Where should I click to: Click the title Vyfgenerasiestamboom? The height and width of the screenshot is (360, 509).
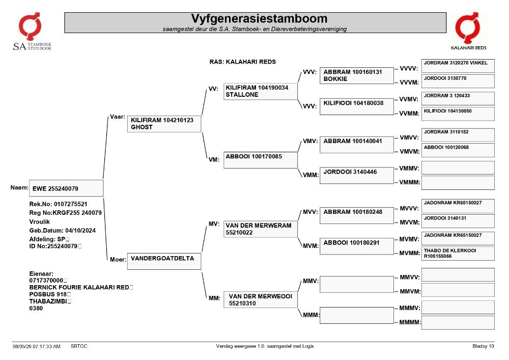[259, 18]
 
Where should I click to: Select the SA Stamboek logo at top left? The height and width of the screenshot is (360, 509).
[32, 32]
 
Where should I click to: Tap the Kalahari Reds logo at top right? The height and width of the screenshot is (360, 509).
[468, 31]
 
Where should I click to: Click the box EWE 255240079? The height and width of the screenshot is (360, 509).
[66, 188]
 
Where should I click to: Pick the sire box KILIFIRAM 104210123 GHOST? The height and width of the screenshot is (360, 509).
[164, 124]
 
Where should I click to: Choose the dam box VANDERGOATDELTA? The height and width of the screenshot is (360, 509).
[164, 261]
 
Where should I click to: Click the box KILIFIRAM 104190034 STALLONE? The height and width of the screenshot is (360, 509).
[260, 91]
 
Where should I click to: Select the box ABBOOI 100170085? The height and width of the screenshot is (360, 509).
[260, 160]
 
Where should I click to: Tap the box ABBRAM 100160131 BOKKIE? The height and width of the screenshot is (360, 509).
[357, 76]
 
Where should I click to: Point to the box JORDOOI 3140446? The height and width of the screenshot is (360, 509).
[357, 176]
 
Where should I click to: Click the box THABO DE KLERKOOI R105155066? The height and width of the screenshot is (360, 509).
[458, 254]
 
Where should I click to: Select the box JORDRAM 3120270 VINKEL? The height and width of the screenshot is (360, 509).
[458, 66]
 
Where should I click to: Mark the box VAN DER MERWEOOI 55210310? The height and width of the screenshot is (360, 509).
[260, 299]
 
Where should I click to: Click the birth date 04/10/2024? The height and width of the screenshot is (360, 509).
[80, 231]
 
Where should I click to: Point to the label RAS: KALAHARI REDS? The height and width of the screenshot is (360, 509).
[242, 62]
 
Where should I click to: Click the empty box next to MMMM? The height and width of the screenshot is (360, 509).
[458, 323]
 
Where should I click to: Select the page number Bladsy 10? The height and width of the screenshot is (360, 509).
[483, 346]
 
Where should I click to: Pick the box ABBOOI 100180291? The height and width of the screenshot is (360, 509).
[357, 246]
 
